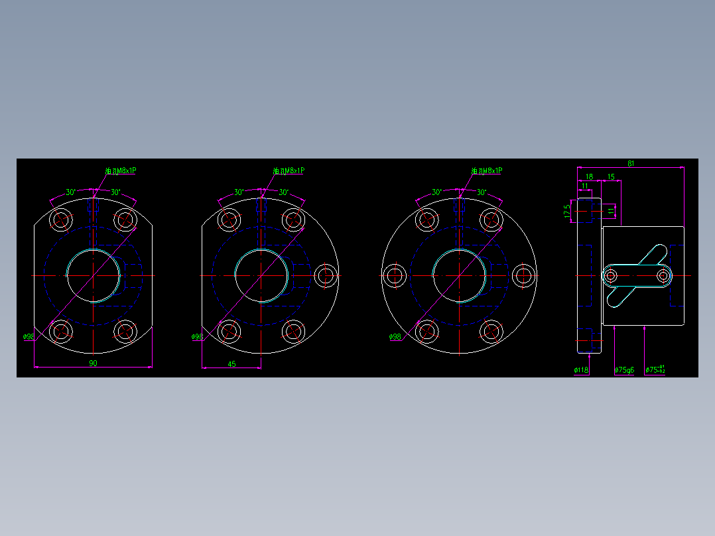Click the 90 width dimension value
point(93,364)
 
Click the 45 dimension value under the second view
point(231,364)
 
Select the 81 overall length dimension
point(630,163)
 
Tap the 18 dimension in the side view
point(589,176)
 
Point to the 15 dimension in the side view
point(611,176)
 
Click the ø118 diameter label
point(581,370)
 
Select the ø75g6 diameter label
point(624,370)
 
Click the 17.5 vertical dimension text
point(567,212)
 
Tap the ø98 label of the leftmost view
point(29,337)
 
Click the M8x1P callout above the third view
point(487,171)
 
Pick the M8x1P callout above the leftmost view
point(121,171)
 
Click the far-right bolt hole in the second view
point(326,275)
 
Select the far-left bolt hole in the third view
point(395,275)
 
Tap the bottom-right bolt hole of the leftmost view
point(125,330)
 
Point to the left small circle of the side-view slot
point(611,275)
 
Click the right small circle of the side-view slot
point(663,275)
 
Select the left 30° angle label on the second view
point(239,192)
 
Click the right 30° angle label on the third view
point(482,192)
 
